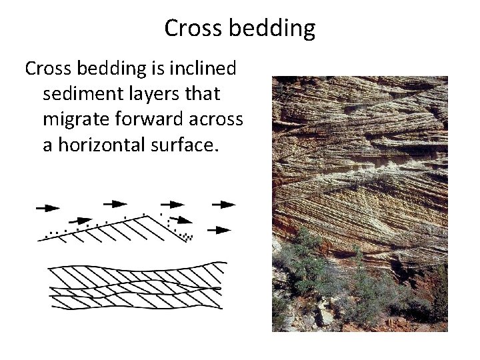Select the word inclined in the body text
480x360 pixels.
(215, 69)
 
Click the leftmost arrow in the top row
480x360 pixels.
(47, 207)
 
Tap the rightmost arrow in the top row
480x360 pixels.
(223, 204)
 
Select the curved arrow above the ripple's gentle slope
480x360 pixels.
(81, 220)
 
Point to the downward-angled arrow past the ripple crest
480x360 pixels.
(179, 219)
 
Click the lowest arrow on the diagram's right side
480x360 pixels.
(219, 230)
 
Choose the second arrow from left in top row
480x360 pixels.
(114, 203)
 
